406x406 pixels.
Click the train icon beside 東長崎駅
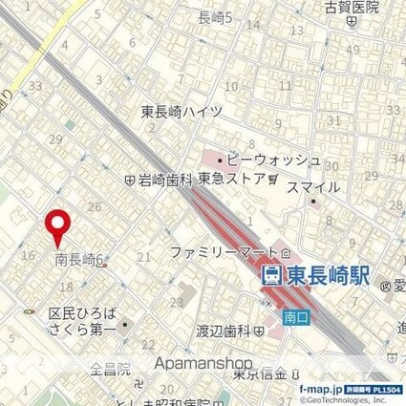271,277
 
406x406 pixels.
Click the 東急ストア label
232,178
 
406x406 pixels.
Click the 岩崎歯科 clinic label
164,179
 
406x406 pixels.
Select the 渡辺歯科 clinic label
223,331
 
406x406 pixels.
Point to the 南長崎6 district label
78,259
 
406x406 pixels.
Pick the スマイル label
314,187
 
